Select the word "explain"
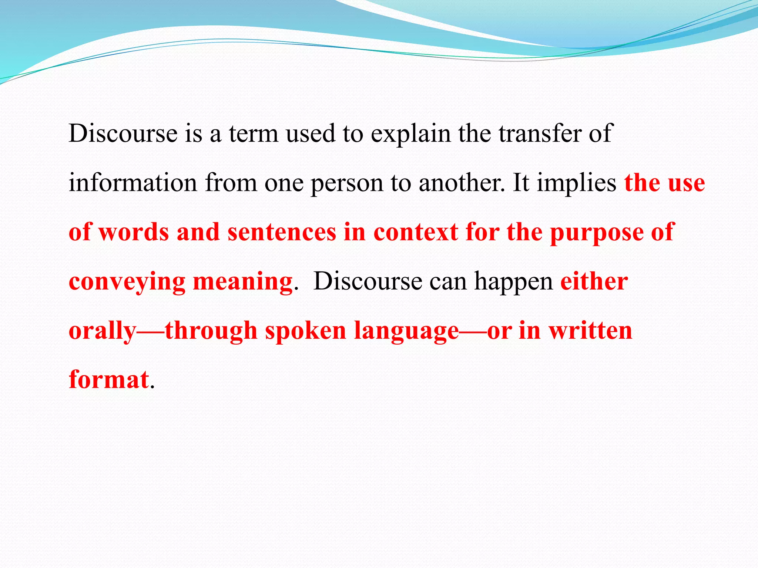411,134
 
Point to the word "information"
133,183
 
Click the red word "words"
134,232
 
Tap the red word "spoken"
306,331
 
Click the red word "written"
590,331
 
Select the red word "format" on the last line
109,380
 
